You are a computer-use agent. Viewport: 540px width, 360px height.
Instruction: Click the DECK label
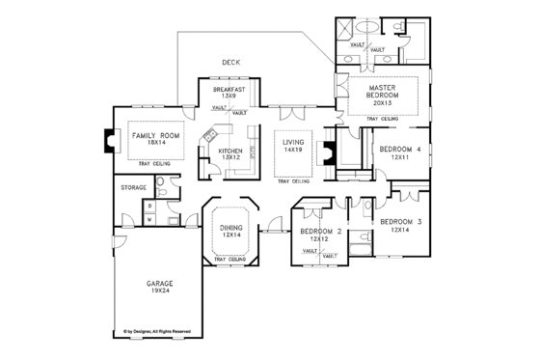pyautogui.click(x=230, y=63)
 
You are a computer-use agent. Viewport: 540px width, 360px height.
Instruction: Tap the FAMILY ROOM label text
pyautogui.click(x=149, y=137)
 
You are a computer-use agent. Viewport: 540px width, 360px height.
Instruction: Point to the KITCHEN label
pyautogui.click(x=229, y=152)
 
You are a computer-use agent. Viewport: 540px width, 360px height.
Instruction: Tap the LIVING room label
pyautogui.click(x=293, y=143)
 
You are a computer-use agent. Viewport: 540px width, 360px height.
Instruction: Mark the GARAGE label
pyautogui.click(x=160, y=285)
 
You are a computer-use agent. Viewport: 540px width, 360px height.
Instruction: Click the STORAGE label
pyautogui.click(x=132, y=187)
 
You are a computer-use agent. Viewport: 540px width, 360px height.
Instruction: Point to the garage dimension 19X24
pyautogui.click(x=160, y=291)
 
